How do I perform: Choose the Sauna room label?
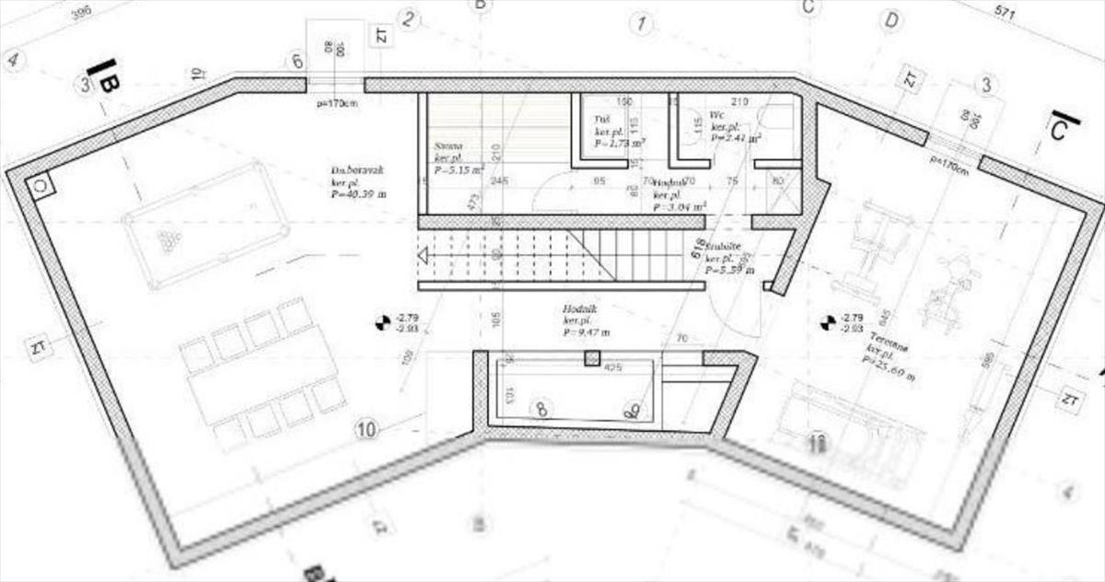(x=448, y=146)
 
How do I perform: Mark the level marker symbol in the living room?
(x=378, y=322)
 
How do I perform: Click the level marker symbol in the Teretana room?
(x=826, y=322)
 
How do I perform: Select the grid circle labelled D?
(x=890, y=20)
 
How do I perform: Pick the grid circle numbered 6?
(x=296, y=62)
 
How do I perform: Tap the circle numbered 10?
(x=366, y=428)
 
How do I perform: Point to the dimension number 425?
(x=614, y=368)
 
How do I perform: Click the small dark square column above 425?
(x=593, y=358)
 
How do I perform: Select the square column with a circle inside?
(x=41, y=185)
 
